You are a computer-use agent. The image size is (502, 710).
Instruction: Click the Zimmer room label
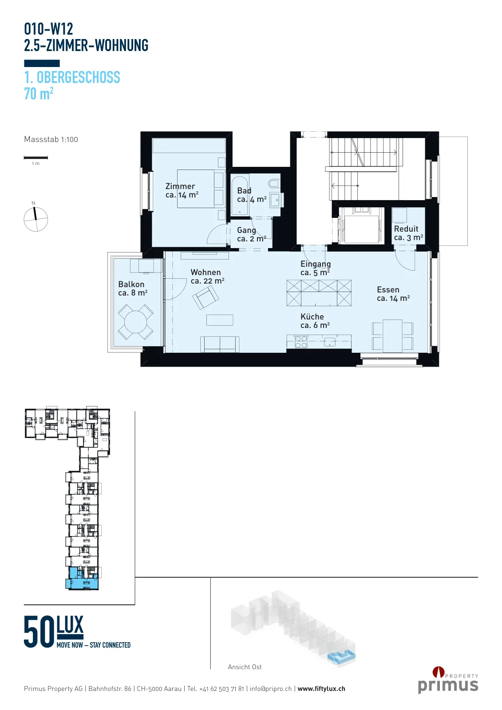click(182, 190)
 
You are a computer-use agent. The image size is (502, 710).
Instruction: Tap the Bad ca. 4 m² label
click(252, 195)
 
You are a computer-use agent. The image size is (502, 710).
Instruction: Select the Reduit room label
click(408, 233)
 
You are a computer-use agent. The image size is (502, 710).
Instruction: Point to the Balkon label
click(133, 288)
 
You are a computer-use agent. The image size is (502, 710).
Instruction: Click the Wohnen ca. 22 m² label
click(207, 276)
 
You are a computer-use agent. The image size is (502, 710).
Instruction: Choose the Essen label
click(393, 294)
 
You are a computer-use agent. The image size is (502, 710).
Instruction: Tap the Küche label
click(315, 321)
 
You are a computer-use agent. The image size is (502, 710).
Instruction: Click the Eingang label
click(316, 268)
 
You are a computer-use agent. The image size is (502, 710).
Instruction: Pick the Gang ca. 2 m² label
click(252, 234)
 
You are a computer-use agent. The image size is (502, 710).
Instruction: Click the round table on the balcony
click(135, 322)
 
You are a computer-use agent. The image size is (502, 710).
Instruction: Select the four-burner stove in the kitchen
click(301, 342)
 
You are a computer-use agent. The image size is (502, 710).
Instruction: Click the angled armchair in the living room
click(205, 297)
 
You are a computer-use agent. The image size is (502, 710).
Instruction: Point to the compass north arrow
click(35, 213)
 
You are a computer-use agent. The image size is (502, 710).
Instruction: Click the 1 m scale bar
click(36, 157)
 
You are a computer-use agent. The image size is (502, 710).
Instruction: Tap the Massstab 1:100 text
click(51, 139)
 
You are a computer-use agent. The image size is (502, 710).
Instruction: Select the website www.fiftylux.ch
click(321, 689)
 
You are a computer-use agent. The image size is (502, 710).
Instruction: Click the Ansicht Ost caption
click(245, 667)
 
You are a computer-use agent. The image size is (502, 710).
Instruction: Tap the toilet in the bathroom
click(274, 183)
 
